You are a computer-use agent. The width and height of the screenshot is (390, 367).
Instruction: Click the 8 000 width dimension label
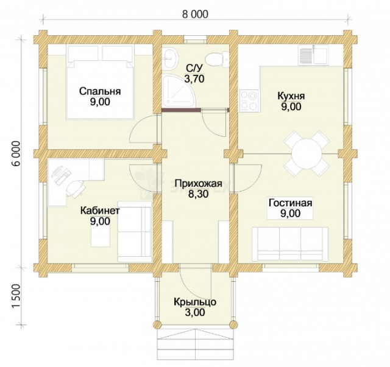[195, 14]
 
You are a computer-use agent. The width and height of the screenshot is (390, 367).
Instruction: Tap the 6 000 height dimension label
[16, 153]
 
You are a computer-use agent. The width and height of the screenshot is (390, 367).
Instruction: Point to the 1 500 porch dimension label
[16, 296]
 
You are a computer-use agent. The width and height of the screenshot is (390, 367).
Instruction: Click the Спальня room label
[100, 92]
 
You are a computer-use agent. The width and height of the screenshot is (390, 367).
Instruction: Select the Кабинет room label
[100, 211]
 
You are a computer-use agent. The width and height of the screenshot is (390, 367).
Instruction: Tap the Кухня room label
[291, 96]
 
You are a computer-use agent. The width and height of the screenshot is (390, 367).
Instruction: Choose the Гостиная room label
[290, 203]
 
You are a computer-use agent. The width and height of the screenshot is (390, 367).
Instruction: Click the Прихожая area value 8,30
[198, 194]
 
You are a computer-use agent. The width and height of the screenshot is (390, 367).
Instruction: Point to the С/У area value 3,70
[194, 79]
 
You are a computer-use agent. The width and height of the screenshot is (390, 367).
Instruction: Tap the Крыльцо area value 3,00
[195, 312]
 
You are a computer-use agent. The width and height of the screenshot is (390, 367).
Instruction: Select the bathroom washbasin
[171, 58]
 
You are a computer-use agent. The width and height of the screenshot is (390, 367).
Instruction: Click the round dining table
[307, 153]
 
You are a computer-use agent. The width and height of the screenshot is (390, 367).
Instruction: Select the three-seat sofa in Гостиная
[290, 244]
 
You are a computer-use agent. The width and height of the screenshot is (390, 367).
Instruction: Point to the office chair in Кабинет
[75, 188]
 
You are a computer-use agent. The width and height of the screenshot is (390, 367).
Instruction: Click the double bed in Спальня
[100, 83]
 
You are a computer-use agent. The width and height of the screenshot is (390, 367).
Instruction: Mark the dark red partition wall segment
[181, 110]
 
